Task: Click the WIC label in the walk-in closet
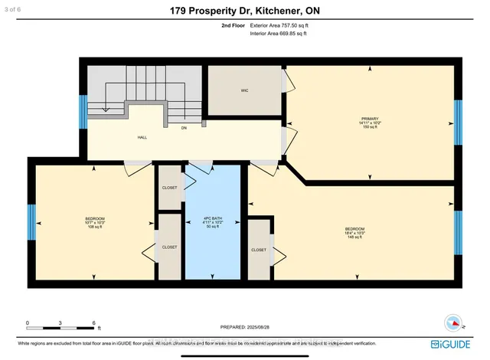(243, 90)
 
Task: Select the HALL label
(142, 138)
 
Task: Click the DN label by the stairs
(185, 128)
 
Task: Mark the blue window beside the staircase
(81, 112)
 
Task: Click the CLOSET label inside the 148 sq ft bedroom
(259, 250)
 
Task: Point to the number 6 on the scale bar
(93, 323)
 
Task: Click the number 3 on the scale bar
(60, 323)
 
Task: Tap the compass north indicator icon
(451, 322)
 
